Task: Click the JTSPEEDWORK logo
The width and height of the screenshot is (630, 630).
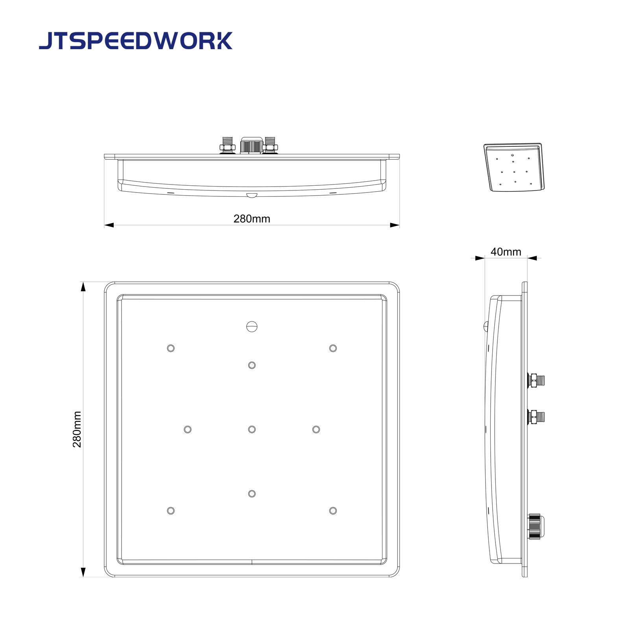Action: pyautogui.click(x=136, y=41)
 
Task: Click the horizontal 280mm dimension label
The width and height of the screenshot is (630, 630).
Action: pyautogui.click(x=252, y=219)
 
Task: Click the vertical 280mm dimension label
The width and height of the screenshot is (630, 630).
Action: pyautogui.click(x=77, y=429)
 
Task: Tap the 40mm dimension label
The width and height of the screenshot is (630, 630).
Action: pyautogui.click(x=506, y=252)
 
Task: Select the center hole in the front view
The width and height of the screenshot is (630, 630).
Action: pyautogui.click(x=252, y=429)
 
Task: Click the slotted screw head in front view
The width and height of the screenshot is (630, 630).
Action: pyautogui.click(x=252, y=326)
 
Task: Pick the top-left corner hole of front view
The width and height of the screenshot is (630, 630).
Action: pyautogui.click(x=171, y=348)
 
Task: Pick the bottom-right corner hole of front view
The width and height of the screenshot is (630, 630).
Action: pyautogui.click(x=333, y=511)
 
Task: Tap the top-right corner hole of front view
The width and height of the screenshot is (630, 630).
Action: pyautogui.click(x=333, y=348)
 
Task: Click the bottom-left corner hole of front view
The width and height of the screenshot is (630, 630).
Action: pyautogui.click(x=171, y=511)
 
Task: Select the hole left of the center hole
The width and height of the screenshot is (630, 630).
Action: pyautogui.click(x=188, y=429)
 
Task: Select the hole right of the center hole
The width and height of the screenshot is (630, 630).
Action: pyautogui.click(x=316, y=429)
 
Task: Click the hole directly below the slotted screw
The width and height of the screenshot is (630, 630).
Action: pyautogui.click(x=252, y=366)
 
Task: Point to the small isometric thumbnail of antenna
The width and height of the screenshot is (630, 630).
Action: pyautogui.click(x=514, y=167)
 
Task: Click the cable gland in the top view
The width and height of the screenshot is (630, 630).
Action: pyautogui.click(x=251, y=146)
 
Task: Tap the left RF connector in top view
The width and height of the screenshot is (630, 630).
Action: pyautogui.click(x=227, y=145)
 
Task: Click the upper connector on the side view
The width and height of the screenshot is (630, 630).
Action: pyautogui.click(x=536, y=381)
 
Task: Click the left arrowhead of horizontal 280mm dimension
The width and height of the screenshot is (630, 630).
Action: pyautogui.click(x=109, y=225)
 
